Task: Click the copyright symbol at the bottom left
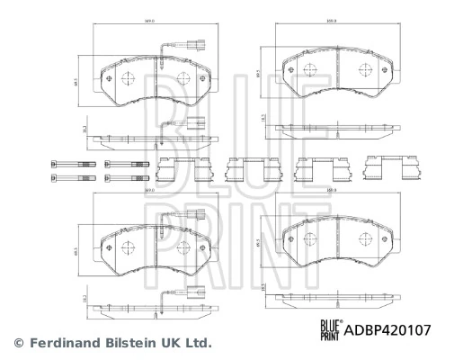pyautogui.click(x=17, y=343)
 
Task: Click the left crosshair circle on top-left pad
pyautogui.click(x=126, y=76)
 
